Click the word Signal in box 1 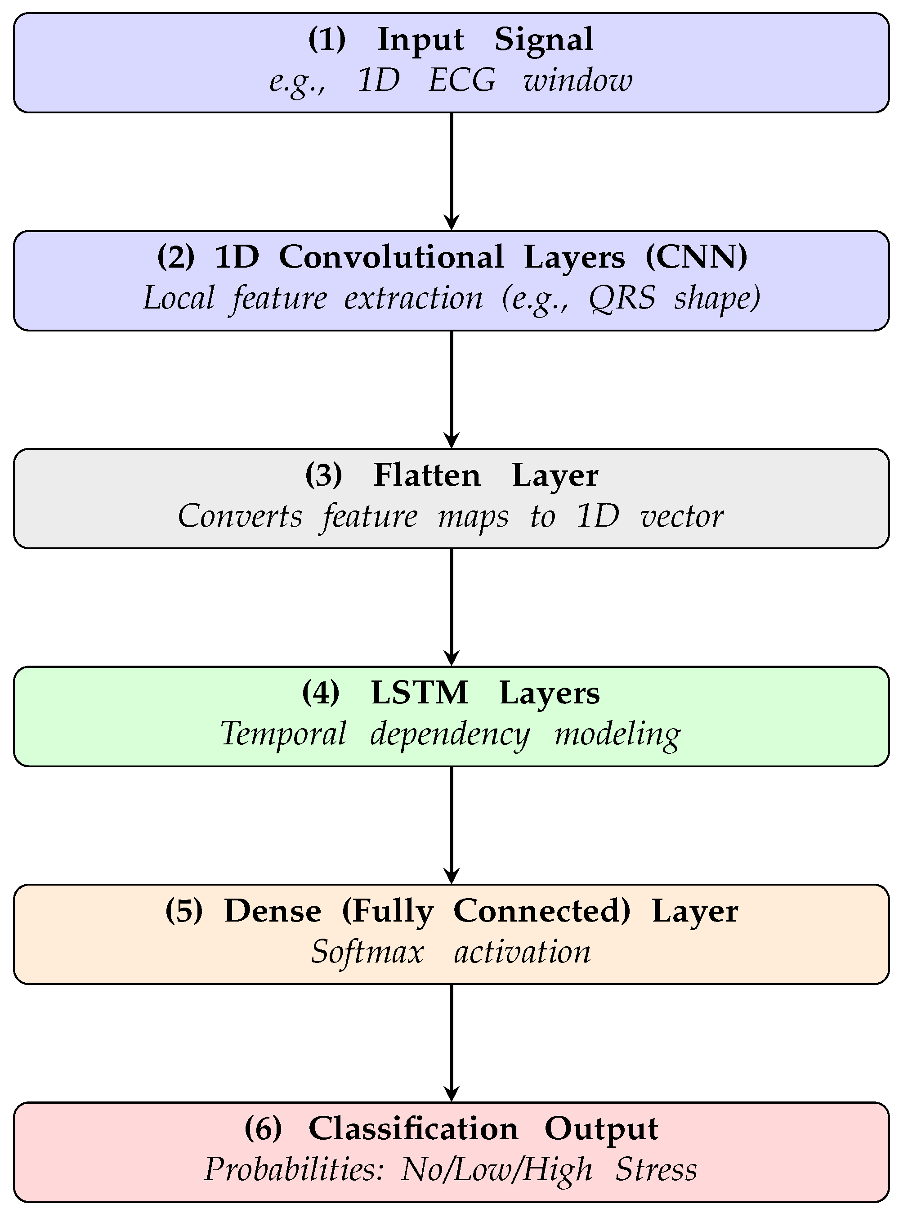pos(543,40)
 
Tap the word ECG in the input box pos(462,81)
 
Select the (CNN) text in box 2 pos(696,257)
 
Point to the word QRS pos(622,299)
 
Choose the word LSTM pos(419,693)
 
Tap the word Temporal pos(283,734)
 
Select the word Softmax pos(367,952)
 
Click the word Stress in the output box pos(656,1169)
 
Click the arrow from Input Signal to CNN pos(452,171)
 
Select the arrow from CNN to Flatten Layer pos(452,389)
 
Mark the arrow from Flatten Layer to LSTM pos(452,607)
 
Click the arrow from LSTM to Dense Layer pos(452,825)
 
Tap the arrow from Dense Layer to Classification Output pos(452,1043)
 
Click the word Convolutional pos(391,257)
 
